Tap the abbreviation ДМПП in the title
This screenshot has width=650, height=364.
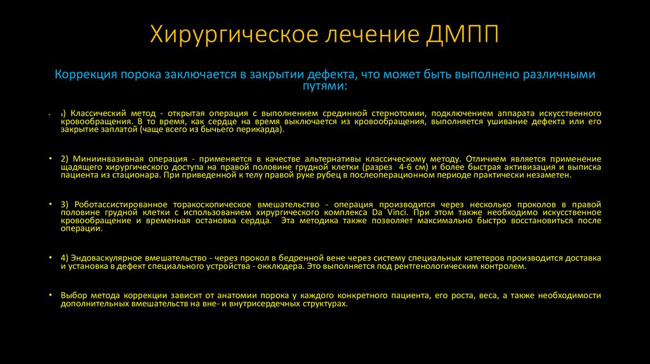461,32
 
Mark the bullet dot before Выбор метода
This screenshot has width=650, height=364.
50,296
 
